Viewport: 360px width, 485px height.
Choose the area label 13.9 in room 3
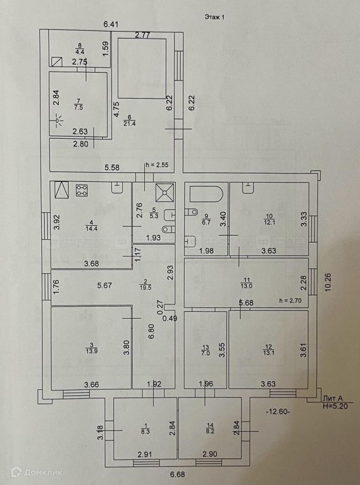point(91,350)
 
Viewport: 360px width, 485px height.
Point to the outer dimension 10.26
point(329,280)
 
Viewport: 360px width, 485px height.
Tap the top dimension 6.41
point(111,24)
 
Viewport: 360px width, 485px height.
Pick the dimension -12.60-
point(278,412)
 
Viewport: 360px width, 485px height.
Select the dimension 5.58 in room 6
point(113,168)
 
